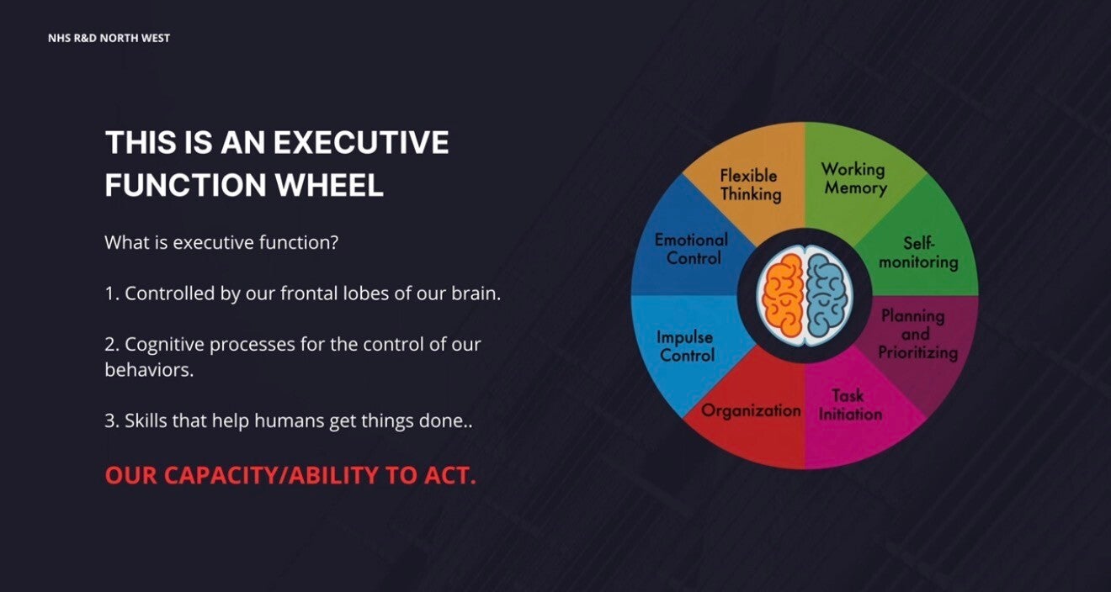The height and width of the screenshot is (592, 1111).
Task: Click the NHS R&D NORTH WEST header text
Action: click(109, 38)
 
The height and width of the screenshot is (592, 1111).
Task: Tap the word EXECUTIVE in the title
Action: click(360, 142)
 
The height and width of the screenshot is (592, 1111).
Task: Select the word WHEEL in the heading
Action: click(329, 185)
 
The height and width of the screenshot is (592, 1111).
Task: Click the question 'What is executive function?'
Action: click(221, 243)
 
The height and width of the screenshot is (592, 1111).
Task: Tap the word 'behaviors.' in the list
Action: click(149, 369)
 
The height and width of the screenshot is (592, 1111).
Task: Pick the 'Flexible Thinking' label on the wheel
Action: click(750, 185)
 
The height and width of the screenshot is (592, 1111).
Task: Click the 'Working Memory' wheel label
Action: click(854, 179)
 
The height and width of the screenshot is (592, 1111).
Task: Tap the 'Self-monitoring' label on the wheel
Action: click(918, 252)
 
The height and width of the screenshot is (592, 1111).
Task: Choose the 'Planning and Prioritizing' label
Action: click(917, 335)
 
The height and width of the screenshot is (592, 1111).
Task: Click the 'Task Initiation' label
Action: click(849, 404)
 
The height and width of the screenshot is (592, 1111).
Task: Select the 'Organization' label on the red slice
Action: click(751, 410)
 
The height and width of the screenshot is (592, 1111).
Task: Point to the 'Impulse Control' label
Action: click(686, 346)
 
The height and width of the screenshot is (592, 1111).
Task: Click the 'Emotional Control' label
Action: click(691, 249)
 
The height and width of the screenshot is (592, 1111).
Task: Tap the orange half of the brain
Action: click(782, 295)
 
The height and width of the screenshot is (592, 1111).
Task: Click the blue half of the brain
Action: click(827, 295)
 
